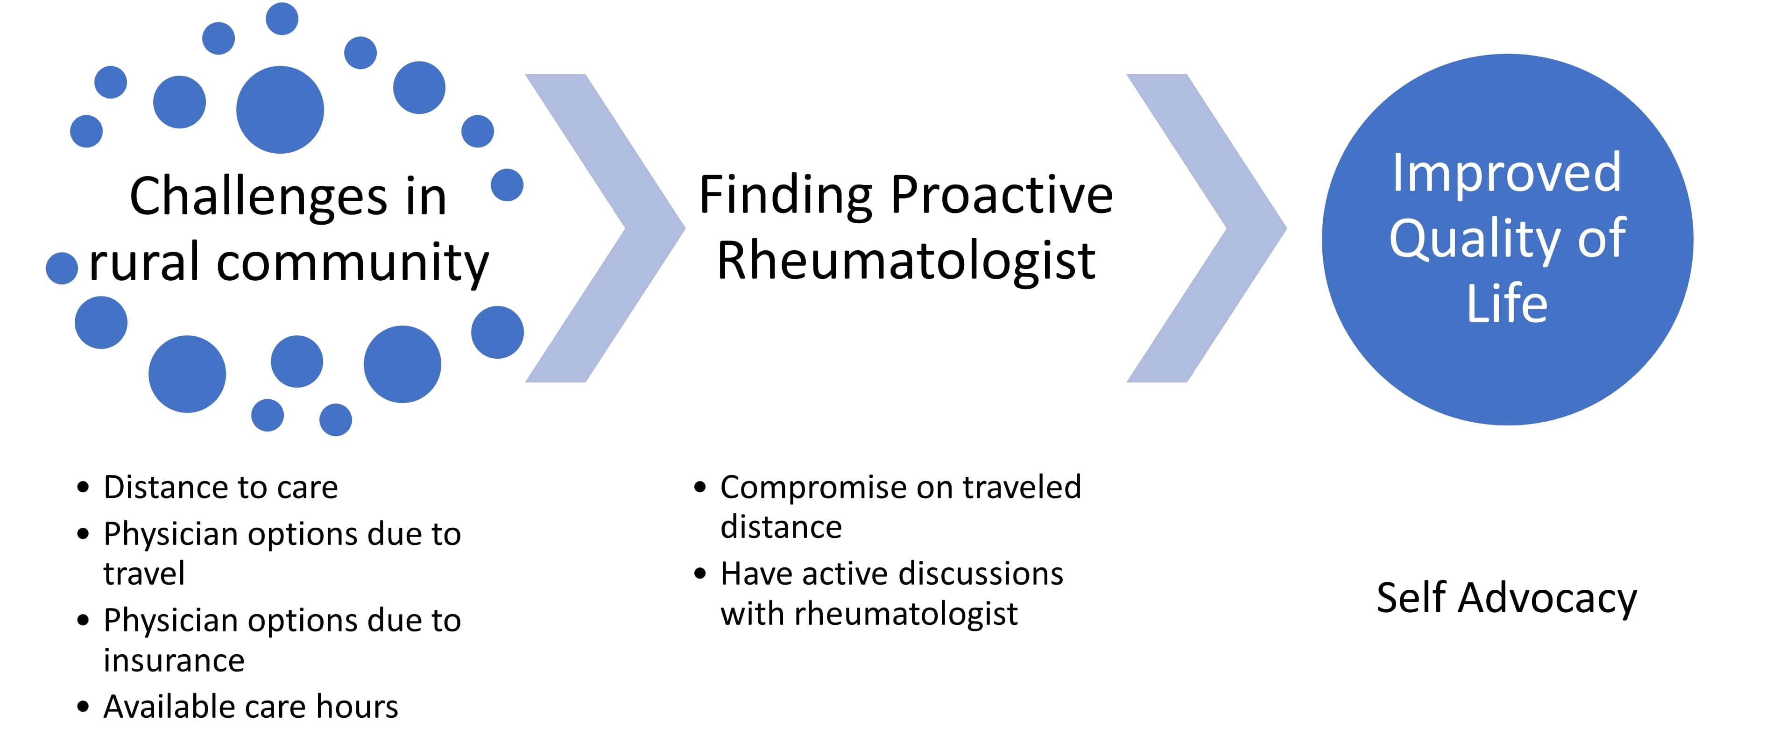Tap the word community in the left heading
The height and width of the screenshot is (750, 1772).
click(x=352, y=263)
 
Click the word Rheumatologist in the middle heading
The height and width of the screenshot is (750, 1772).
click(x=906, y=262)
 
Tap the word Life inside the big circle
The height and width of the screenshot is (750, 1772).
click(x=1506, y=304)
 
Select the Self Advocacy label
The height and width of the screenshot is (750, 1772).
click(x=1506, y=598)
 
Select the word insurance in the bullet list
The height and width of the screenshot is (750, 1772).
click(x=174, y=660)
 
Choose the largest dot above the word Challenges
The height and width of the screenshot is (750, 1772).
click(x=280, y=109)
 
